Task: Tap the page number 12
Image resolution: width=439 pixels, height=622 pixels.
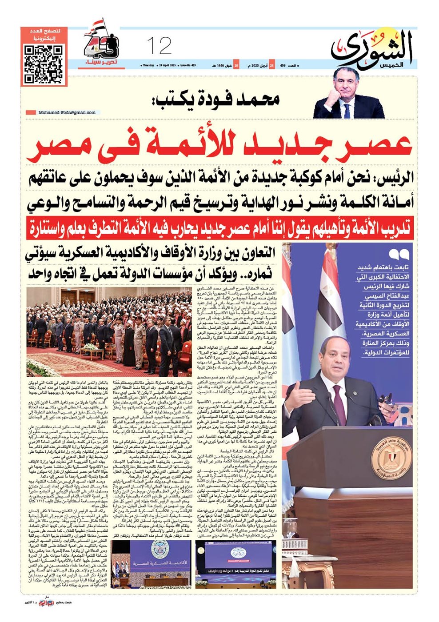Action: coord(159,45)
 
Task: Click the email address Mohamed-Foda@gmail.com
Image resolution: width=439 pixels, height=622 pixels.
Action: coord(67,112)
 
